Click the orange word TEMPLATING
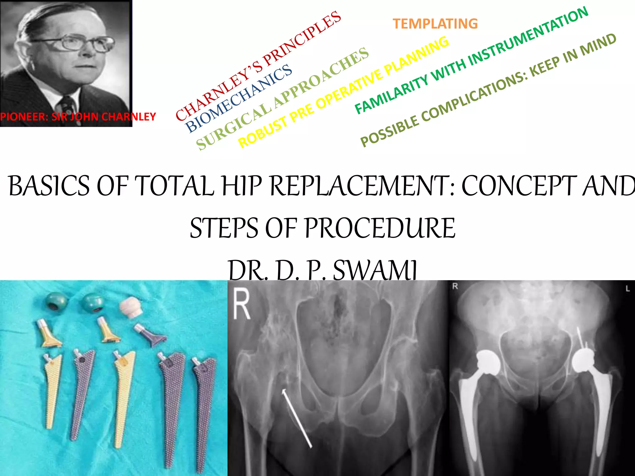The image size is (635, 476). pos(435,24)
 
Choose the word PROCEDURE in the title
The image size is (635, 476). pos(380,228)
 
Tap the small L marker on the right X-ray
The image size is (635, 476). pos(627,289)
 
